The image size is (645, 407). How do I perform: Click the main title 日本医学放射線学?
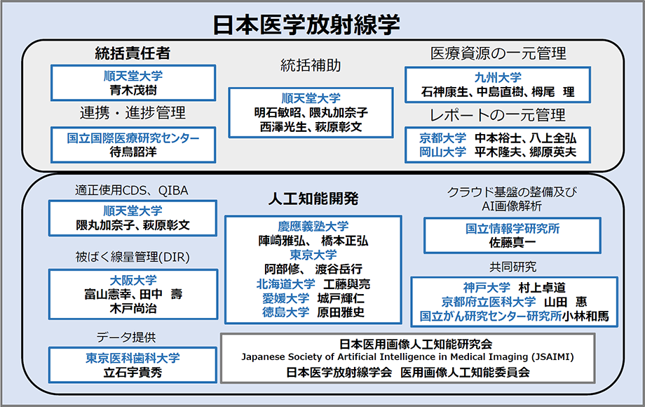306,25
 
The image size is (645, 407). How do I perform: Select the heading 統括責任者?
133,53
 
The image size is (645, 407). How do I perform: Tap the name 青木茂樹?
133,90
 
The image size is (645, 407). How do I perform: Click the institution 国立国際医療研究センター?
133,138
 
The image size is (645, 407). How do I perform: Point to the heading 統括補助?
311,65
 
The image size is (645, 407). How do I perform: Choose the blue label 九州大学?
498,77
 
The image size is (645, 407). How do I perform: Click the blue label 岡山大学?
442,152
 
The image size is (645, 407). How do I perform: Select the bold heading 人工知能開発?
313,199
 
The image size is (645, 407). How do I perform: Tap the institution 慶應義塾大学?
313,227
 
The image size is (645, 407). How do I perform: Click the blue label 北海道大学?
285,284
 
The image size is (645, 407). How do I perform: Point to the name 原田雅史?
341,312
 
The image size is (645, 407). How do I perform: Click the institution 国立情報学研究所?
512,229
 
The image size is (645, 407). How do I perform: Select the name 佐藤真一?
512,243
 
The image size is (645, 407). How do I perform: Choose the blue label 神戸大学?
487,288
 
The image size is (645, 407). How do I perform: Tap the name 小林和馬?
585,316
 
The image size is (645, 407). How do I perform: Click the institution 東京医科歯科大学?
133,358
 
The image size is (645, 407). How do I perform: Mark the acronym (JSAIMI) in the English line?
552,356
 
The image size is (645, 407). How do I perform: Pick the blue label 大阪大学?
133,280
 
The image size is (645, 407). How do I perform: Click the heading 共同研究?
513,267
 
